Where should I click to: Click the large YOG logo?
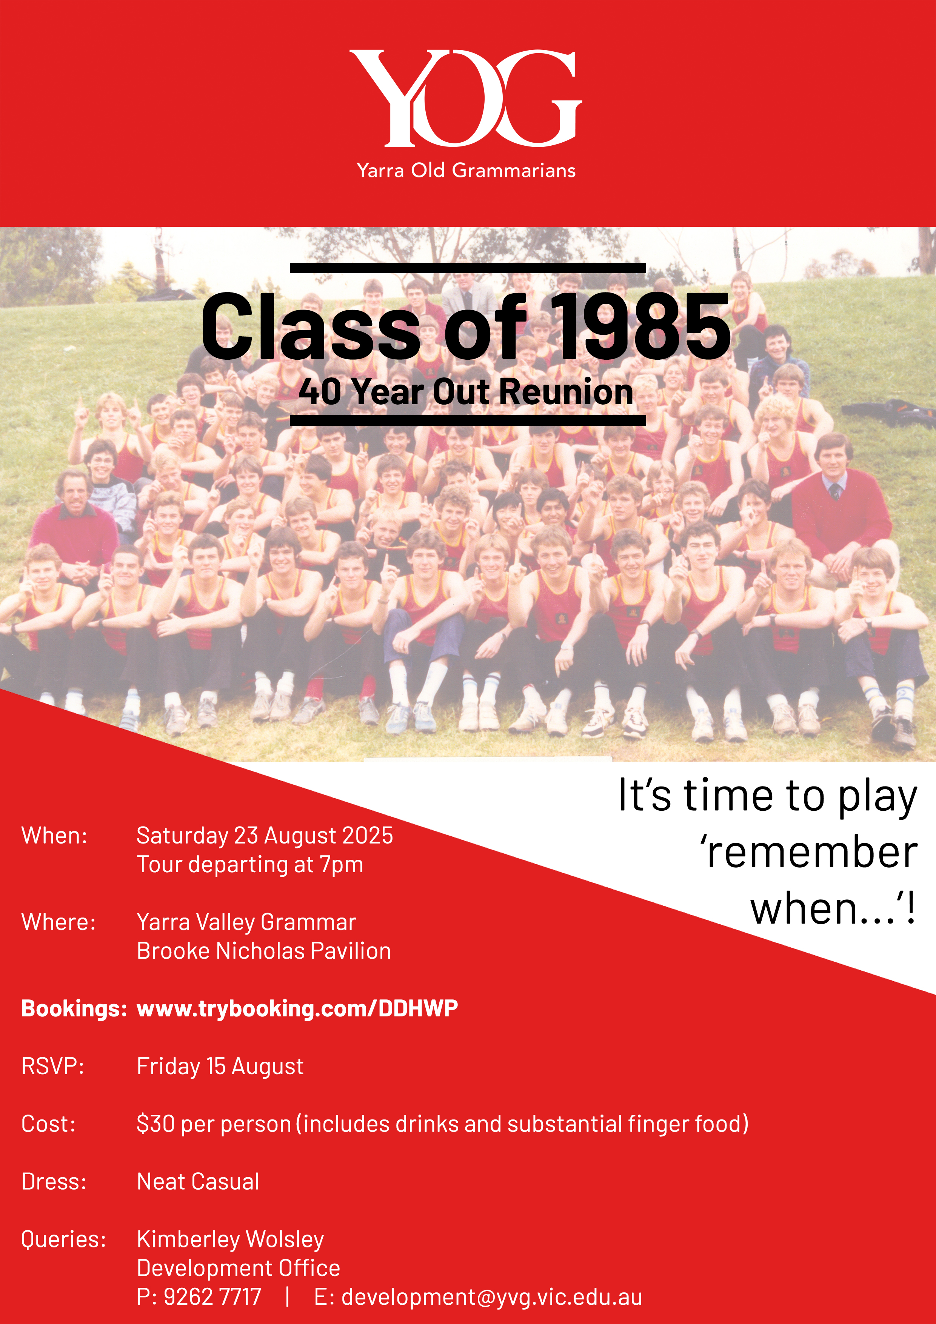(x=465, y=98)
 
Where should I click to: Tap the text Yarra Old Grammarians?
(x=466, y=170)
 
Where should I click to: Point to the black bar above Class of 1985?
(x=468, y=268)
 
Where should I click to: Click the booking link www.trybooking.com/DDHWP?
(x=297, y=1008)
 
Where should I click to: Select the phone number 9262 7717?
(x=212, y=1297)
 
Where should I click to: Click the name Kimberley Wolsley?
(x=230, y=1239)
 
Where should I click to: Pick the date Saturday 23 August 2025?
(x=265, y=836)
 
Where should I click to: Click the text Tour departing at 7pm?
(x=250, y=864)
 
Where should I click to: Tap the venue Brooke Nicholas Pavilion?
(x=263, y=951)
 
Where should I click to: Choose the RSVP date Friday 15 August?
(x=220, y=1066)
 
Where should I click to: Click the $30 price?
(x=156, y=1124)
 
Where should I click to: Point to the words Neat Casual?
(x=198, y=1182)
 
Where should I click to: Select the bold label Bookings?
(x=74, y=1008)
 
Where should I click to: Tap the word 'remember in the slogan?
(x=808, y=852)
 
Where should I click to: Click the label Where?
(x=58, y=922)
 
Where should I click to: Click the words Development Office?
(x=238, y=1268)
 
